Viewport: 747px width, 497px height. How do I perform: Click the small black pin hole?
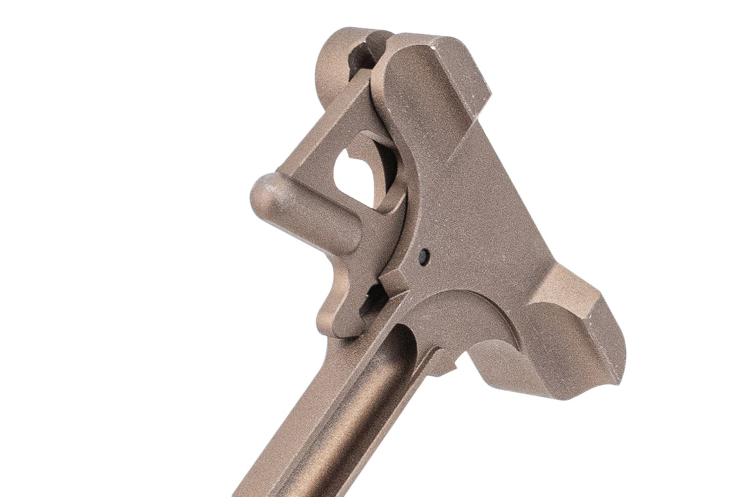pos(422,256)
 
